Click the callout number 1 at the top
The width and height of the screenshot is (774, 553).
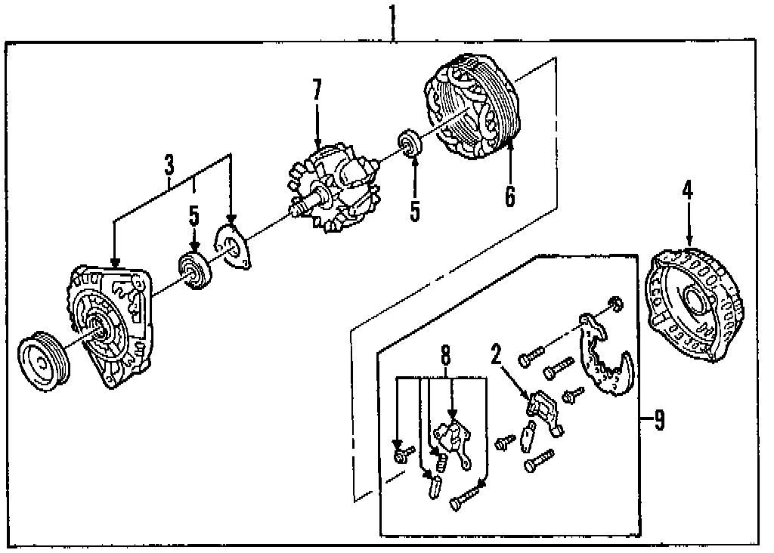[393, 14]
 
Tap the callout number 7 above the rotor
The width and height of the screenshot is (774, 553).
[317, 91]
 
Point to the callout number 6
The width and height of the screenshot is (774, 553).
[510, 194]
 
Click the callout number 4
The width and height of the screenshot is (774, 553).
[687, 190]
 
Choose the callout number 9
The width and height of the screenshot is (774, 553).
[659, 419]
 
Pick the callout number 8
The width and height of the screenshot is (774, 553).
[445, 354]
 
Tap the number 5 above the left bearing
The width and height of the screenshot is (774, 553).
[194, 217]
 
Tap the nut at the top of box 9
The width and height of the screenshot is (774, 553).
[615, 304]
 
